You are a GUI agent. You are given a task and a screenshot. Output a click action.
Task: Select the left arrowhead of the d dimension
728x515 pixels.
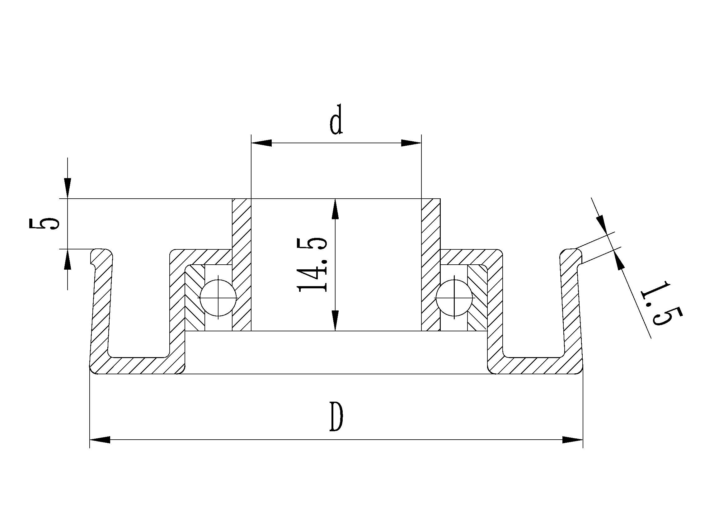(261, 143)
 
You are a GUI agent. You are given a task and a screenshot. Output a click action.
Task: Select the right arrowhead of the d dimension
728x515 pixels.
(411, 143)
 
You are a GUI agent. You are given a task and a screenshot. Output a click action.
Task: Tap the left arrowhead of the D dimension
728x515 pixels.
(100, 440)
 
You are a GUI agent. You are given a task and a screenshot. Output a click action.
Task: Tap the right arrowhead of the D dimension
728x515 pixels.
(573, 440)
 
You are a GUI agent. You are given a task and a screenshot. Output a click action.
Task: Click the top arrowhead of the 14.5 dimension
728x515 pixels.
(335, 209)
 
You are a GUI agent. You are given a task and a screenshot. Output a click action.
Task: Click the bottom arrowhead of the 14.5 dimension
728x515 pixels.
(335, 320)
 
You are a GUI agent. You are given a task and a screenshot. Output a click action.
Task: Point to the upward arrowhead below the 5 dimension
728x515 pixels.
(68, 259)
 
